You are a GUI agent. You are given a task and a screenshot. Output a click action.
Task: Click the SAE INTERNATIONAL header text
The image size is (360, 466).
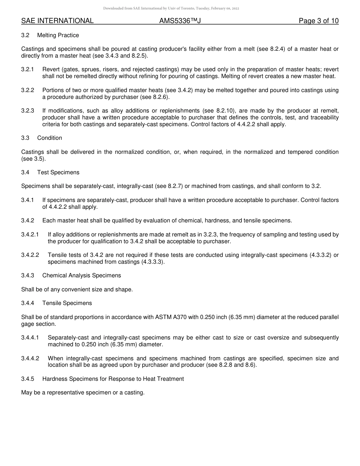click(x=57, y=21)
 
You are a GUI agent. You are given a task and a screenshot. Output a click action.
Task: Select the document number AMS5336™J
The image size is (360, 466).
click(x=180, y=21)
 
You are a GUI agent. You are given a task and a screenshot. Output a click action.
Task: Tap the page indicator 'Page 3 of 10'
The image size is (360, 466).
click(x=318, y=21)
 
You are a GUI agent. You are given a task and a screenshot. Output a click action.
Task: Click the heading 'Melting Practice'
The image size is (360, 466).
click(x=58, y=35)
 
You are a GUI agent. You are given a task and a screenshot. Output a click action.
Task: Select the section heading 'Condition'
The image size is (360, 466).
click(x=50, y=138)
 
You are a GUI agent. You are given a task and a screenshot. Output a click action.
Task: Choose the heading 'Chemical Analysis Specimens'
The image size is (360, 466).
click(x=81, y=275)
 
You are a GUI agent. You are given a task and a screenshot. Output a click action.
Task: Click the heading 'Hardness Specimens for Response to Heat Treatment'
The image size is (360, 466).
click(x=113, y=379)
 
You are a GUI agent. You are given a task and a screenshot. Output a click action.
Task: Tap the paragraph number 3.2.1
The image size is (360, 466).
click(x=28, y=69)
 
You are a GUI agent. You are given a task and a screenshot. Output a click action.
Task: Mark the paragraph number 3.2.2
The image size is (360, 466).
click(x=28, y=90)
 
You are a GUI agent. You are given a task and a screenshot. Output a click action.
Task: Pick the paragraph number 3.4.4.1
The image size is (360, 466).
click(x=30, y=338)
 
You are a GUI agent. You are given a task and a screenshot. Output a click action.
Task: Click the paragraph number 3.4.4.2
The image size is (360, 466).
click(x=30, y=358)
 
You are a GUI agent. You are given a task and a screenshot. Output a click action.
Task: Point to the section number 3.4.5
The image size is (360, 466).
click(x=28, y=379)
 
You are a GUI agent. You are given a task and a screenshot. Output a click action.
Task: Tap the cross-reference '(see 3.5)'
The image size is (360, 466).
click(x=33, y=159)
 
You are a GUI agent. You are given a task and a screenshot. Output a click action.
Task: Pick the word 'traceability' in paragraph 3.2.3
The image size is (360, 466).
click(x=324, y=117)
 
